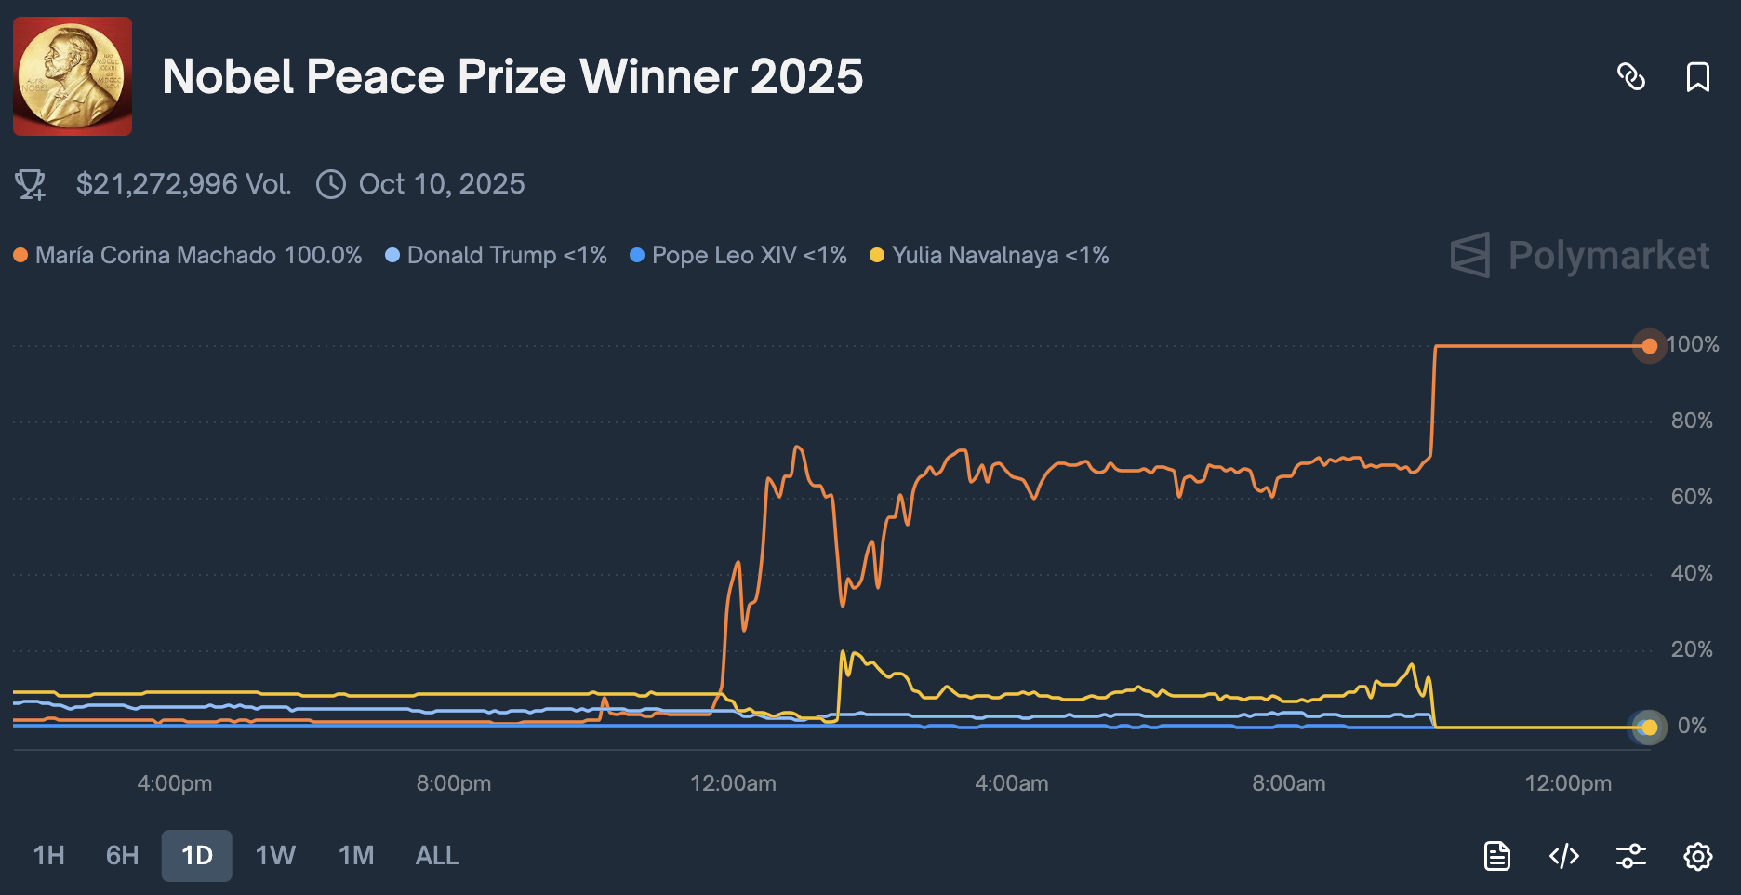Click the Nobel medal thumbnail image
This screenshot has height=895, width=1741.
[73, 76]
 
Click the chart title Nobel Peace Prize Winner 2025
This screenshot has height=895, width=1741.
[512, 76]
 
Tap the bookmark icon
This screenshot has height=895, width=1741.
[1697, 77]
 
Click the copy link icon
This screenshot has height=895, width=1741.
[1631, 77]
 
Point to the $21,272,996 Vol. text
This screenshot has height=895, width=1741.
[183, 184]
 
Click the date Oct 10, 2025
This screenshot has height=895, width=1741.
[441, 184]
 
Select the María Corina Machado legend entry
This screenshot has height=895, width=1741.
[197, 255]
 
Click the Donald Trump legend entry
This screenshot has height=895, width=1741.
[506, 255]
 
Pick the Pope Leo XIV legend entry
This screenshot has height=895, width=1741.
[749, 255]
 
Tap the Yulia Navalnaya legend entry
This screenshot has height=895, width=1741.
[1000, 255]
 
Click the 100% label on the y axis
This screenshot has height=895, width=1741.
[1693, 345]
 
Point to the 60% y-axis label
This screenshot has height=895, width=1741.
[1692, 497]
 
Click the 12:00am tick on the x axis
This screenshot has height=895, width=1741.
[733, 783]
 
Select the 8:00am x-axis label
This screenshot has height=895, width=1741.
[1288, 783]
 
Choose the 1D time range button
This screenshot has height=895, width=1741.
[197, 855]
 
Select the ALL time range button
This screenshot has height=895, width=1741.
[436, 855]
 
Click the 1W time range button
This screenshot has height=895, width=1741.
[275, 855]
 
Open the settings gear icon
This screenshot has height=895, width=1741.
[1697, 856]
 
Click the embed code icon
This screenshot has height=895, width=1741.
[1564, 856]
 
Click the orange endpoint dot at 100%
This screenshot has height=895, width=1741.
[1649, 346]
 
